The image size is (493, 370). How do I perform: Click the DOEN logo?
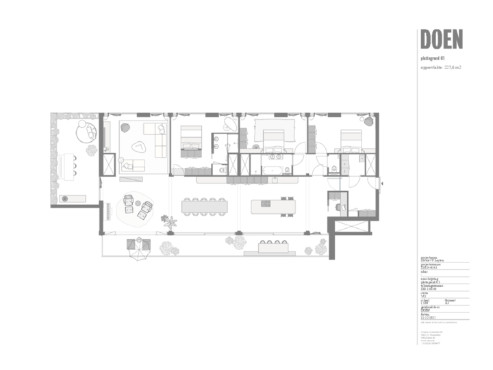(x=442, y=39)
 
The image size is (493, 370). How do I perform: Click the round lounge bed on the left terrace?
(x=87, y=130)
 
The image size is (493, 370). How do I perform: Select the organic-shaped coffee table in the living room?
(x=139, y=145)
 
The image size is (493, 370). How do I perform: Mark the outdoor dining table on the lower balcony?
(x=274, y=247)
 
